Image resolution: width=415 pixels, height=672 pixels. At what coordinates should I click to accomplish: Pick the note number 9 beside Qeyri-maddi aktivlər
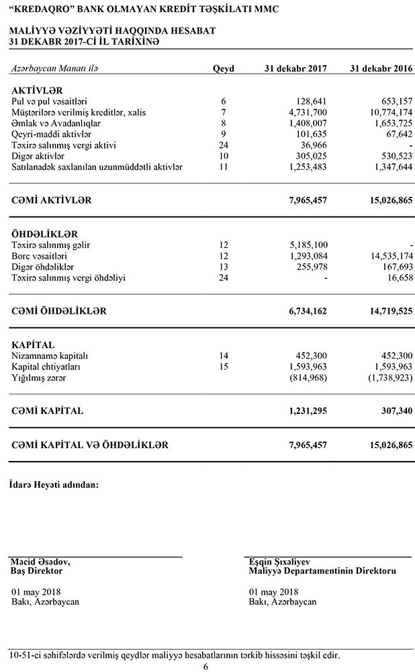[224, 134]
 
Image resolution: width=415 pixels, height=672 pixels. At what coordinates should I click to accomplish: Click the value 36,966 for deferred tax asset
[313, 145]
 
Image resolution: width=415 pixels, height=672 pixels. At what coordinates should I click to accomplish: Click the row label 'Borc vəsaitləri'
[40, 256]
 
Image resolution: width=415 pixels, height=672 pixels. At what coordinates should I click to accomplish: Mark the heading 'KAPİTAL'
[33, 345]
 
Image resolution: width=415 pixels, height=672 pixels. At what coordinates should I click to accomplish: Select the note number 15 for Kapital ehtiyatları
[224, 366]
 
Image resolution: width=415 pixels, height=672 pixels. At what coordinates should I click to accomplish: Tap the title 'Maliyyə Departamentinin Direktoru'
[322, 571]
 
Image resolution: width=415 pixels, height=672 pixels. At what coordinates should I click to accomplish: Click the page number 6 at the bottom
[206, 667]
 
